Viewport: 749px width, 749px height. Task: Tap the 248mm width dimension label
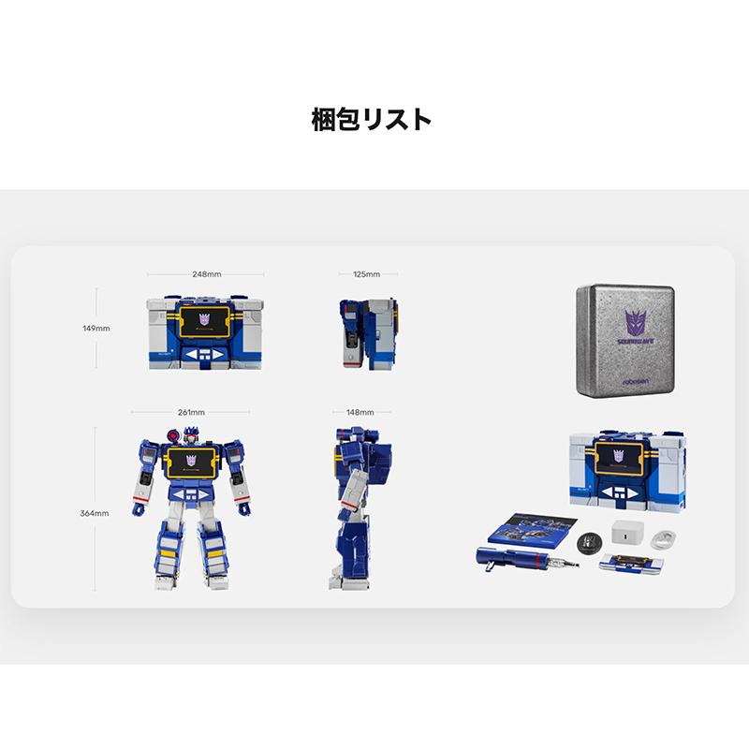tap(206, 274)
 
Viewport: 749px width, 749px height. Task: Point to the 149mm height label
tap(96, 329)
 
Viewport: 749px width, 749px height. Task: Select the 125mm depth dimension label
tap(367, 274)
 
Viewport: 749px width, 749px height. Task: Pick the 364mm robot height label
tap(95, 513)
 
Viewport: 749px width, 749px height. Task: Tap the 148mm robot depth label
tap(360, 412)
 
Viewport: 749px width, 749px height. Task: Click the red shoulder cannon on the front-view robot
tap(174, 433)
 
